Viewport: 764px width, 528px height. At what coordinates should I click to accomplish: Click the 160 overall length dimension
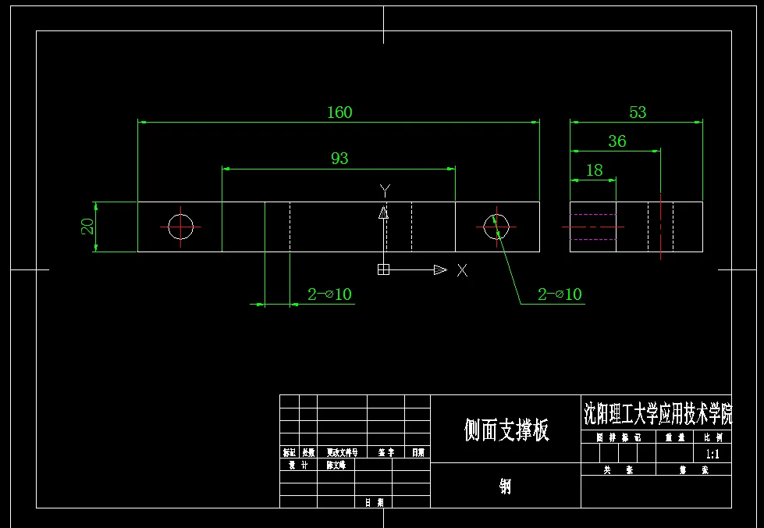click(339, 112)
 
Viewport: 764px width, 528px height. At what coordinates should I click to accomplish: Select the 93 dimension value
click(339, 159)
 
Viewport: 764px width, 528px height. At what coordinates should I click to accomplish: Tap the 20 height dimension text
click(88, 227)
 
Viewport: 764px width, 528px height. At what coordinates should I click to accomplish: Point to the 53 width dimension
click(638, 112)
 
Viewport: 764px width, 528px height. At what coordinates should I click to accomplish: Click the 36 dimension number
click(617, 141)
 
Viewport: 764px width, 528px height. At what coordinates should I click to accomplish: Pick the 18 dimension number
click(594, 170)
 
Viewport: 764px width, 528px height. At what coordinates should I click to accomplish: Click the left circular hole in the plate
click(180, 227)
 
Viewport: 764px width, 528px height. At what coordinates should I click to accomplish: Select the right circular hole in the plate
click(496, 227)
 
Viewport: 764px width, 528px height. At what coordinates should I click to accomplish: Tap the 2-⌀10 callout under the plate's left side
click(329, 294)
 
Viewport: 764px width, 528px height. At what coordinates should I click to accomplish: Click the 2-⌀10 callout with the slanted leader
click(560, 294)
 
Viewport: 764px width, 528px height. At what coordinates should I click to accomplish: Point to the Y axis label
click(384, 190)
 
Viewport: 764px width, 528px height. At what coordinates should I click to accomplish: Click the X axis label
click(463, 270)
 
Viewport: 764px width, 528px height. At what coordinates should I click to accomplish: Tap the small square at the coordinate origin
click(383, 269)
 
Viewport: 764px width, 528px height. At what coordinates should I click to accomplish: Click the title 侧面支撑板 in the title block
click(506, 430)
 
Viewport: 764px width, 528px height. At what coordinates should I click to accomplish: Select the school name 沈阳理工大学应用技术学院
click(658, 412)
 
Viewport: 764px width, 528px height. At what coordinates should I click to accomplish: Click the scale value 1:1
click(712, 454)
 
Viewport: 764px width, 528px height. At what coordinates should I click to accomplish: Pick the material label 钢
click(506, 487)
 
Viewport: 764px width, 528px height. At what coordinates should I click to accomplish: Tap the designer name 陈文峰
click(339, 466)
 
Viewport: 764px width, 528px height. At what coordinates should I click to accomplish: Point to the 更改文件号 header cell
click(342, 453)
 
